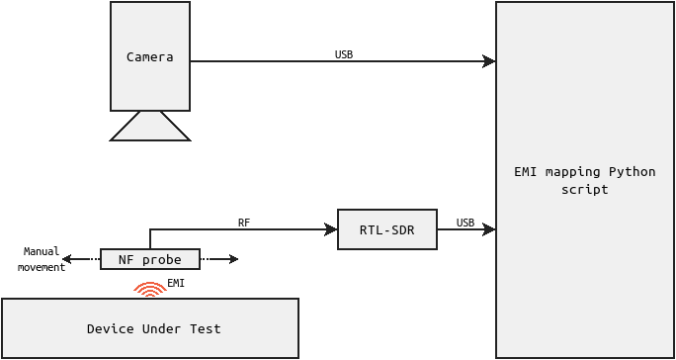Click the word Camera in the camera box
coord(150,57)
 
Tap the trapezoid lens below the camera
coord(150,127)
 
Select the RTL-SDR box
coord(386,229)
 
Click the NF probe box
coord(150,259)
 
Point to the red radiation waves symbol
coord(150,289)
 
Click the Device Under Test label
coord(154,328)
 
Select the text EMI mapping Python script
coord(584,180)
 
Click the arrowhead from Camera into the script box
coord(489,61)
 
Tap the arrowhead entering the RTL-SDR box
coord(331,229)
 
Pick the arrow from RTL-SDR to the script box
coord(465,229)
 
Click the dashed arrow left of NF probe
coord(79,259)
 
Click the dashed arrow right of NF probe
coord(219,259)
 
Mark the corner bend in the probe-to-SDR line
coord(150,229)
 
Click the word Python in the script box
coord(632,171)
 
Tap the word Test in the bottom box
coord(206,328)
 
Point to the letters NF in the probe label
coord(126,259)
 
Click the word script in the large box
coord(584,189)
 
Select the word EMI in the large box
coord(525,171)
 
